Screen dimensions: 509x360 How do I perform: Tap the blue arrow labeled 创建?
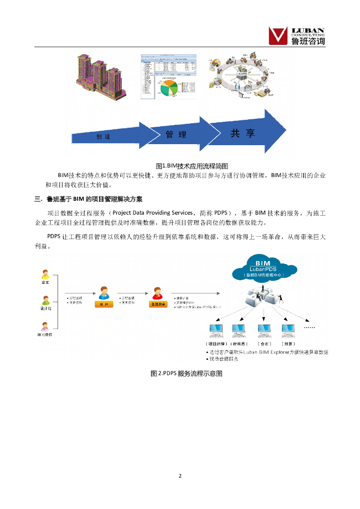coord(109,136)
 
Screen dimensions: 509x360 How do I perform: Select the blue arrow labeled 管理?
coord(180,134)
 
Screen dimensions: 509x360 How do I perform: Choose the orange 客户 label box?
coord(103,304)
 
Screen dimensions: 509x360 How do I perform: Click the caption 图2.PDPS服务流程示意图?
coord(186,373)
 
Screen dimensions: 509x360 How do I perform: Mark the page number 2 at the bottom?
coord(180,476)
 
